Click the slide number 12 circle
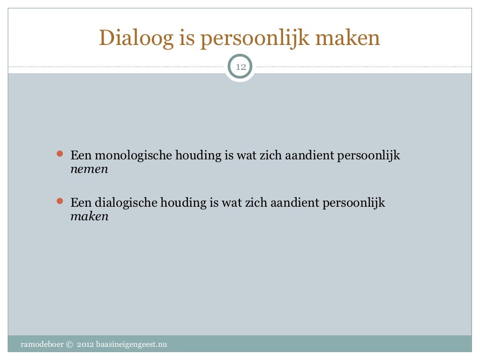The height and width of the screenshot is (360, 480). (x=240, y=67)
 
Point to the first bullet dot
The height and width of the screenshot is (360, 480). (x=59, y=154)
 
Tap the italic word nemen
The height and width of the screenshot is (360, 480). (x=89, y=169)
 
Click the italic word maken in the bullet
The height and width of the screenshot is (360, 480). (x=90, y=217)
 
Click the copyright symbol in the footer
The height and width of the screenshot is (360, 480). (x=70, y=345)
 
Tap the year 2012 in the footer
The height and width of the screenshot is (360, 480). (x=85, y=345)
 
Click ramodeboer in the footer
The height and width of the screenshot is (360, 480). (x=42, y=345)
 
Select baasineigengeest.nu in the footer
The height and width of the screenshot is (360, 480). (x=131, y=345)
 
